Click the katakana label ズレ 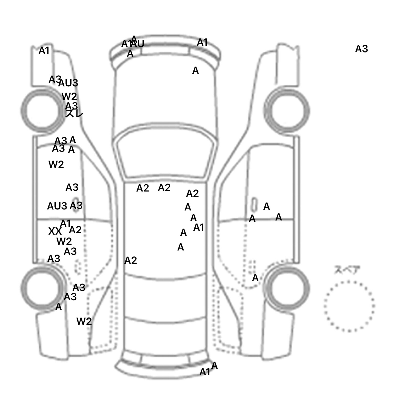[x=74, y=113]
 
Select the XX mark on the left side [x=55, y=232]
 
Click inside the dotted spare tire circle [x=349, y=306]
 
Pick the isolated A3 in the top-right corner [x=361, y=49]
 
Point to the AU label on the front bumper [x=138, y=44]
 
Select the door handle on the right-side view [x=254, y=205]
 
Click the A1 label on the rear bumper [x=205, y=372]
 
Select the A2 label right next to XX [x=75, y=230]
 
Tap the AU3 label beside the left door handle [x=57, y=206]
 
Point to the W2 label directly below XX [x=64, y=241]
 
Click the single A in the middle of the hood [x=195, y=71]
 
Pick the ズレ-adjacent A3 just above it [x=72, y=106]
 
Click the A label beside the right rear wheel [x=255, y=278]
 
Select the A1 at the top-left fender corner [x=44, y=51]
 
